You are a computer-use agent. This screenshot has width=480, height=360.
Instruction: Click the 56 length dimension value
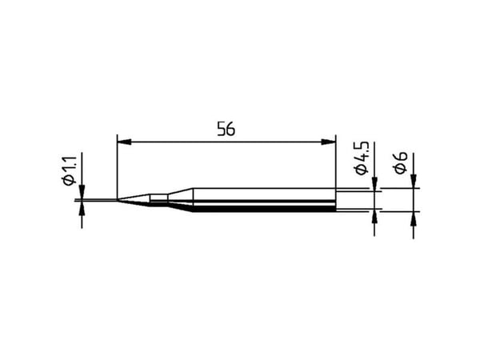coord(226,129)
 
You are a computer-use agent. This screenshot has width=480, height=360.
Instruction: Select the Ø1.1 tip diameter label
coord(70,170)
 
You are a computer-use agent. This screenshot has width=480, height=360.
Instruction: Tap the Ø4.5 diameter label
coord(362,158)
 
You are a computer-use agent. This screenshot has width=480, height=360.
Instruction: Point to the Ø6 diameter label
coord(401,163)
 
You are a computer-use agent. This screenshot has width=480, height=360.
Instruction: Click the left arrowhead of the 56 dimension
coord(124,142)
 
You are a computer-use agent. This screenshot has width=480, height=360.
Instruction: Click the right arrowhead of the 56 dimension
coord(329,142)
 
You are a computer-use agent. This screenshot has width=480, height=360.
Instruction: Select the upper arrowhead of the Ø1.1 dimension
coord(82,192)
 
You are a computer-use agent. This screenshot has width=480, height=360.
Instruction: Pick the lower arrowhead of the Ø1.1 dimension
coord(82,209)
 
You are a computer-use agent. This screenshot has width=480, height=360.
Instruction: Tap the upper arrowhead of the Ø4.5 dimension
coord(374,184)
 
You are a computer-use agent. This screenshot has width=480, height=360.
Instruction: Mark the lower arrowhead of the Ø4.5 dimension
coord(374,218)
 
